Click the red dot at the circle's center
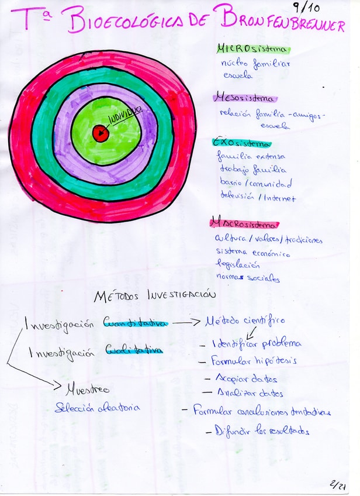100,133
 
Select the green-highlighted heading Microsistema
253,49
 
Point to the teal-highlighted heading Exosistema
242,143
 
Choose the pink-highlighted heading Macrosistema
244,223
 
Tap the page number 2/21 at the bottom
337,485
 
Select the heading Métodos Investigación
155,296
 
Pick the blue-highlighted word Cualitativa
133,350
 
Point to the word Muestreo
87,388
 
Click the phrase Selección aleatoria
97,408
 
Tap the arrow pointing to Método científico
188,322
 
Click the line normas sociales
248,278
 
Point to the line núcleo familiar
255,63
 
